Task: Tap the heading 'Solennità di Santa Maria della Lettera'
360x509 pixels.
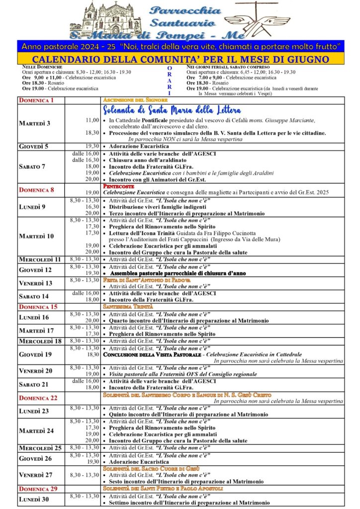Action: point(172,110)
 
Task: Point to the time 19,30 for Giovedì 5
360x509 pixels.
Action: point(92,147)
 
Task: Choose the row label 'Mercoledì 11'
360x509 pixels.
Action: point(40,259)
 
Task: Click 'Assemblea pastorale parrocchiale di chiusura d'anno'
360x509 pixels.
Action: point(179,273)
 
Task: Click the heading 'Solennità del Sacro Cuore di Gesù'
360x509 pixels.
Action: point(144,468)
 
